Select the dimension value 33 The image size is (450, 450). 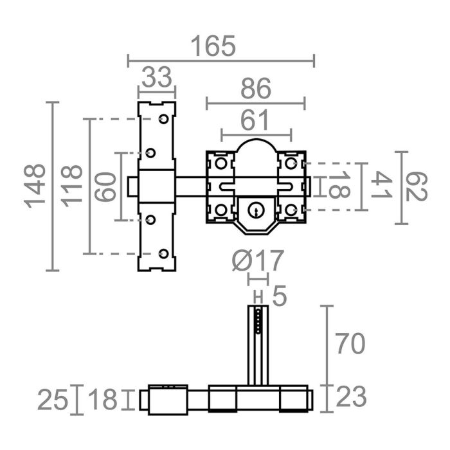157,78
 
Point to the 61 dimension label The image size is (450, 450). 256,120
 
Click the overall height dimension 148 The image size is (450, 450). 36,186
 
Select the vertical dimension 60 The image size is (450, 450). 107,186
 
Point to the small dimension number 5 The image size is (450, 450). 279,296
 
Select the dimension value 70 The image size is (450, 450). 350,343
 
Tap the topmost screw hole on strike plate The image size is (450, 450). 163,119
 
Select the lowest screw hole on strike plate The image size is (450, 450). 163,254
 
